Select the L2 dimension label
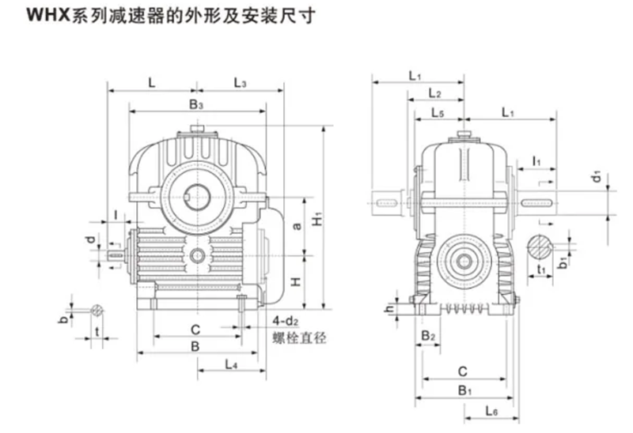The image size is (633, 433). (x=434, y=93)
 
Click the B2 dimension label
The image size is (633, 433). (x=429, y=336)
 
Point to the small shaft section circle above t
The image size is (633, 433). (x=97, y=311)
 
